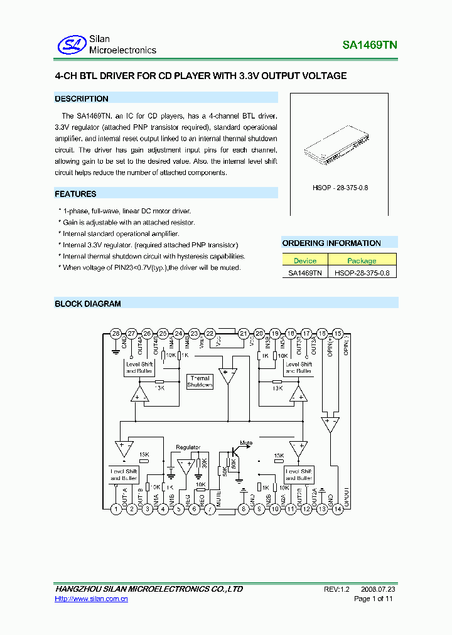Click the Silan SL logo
(x=72, y=44)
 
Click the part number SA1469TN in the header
(x=369, y=45)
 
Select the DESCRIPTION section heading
(x=82, y=99)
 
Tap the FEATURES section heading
(x=75, y=194)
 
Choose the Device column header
(x=305, y=260)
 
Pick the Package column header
(x=362, y=260)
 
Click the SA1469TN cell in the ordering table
(x=305, y=272)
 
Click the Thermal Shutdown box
(x=200, y=382)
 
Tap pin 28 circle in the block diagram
(x=116, y=334)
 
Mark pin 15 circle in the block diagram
(x=338, y=334)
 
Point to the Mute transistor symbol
(x=234, y=451)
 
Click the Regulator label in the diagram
(x=188, y=447)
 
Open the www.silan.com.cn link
(x=92, y=599)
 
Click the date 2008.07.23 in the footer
(x=378, y=589)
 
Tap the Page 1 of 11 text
(x=374, y=599)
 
